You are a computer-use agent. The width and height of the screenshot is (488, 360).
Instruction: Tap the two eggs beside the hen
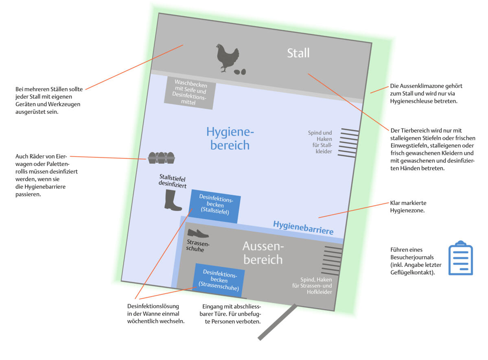pos(240,72)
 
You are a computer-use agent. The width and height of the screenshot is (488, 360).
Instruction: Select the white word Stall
pos(298,53)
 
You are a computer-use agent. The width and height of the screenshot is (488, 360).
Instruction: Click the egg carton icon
pos(161,157)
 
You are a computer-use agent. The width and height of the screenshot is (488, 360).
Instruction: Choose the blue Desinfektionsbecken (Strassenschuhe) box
pos(219,280)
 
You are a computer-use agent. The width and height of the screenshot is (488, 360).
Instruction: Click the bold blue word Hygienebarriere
pos(303,228)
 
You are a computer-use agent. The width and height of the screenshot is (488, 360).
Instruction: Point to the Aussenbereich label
pos(263,253)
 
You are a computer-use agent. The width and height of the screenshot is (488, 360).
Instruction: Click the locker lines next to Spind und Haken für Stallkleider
pos(349,142)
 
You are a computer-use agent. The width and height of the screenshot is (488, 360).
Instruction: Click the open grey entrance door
pos(277,322)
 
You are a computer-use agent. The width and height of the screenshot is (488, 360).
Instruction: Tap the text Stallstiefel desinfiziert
pos(172,181)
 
